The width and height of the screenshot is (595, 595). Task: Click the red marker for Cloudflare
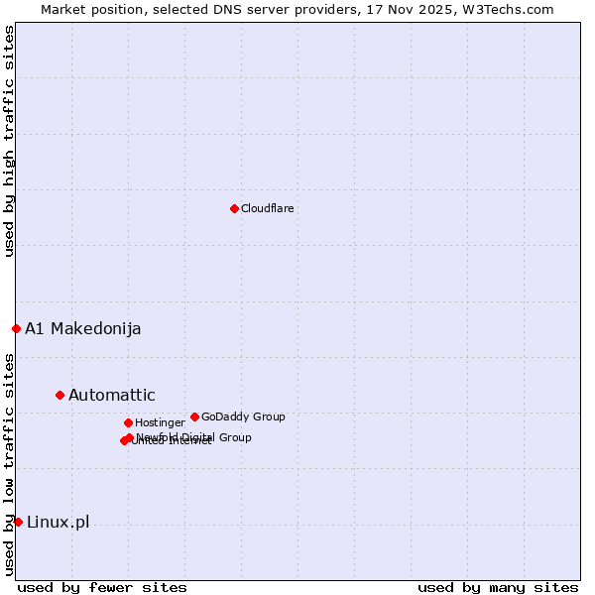pyautogui.click(x=234, y=208)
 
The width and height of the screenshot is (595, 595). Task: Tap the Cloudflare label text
pyautogui.click(x=268, y=208)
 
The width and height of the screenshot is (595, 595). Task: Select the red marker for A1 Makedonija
pyautogui.click(x=16, y=328)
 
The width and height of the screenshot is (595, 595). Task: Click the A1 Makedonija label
pyautogui.click(x=83, y=329)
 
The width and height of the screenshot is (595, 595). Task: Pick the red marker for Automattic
pyautogui.click(x=59, y=395)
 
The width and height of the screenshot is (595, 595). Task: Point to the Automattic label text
pyautogui.click(x=112, y=396)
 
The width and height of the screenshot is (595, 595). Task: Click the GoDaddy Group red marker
pyautogui.click(x=194, y=416)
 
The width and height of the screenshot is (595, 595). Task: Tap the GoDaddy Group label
pyautogui.click(x=243, y=416)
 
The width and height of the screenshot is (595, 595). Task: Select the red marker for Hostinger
pyautogui.click(x=128, y=422)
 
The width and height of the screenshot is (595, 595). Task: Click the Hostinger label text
pyautogui.click(x=160, y=423)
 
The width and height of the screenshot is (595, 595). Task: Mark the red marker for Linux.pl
pyautogui.click(x=18, y=522)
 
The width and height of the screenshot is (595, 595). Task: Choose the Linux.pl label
pyautogui.click(x=58, y=523)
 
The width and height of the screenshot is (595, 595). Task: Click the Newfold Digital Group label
pyautogui.click(x=194, y=437)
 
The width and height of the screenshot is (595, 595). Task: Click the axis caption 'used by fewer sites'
pyautogui.click(x=102, y=587)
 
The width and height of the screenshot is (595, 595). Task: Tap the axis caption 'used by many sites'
pyautogui.click(x=498, y=587)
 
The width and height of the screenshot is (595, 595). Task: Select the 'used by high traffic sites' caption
pyautogui.click(x=9, y=141)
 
